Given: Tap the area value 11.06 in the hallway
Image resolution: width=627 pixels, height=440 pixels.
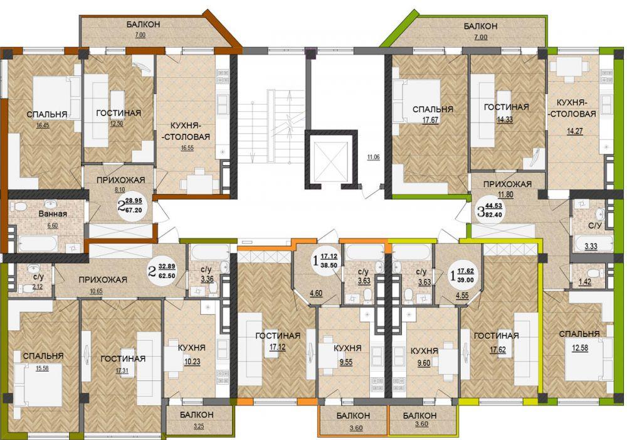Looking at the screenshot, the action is tap(374, 158).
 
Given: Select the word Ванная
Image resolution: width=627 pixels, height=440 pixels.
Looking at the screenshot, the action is tap(53, 214).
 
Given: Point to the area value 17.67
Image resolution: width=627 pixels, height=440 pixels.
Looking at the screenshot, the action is tap(430, 119).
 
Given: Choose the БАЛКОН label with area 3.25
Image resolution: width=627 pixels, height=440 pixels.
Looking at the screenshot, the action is tap(196, 415).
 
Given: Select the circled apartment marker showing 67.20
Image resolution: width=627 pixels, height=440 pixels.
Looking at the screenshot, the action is tap(130, 205).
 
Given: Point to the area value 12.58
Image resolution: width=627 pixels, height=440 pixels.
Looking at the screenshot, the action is tap(580, 348).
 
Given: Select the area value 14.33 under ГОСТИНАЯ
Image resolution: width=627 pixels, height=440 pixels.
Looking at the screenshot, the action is tap(504, 119).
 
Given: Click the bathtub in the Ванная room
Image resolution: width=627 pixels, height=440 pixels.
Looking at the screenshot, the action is tap(38, 244).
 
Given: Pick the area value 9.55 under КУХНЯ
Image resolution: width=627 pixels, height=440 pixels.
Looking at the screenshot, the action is tap(345, 362).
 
